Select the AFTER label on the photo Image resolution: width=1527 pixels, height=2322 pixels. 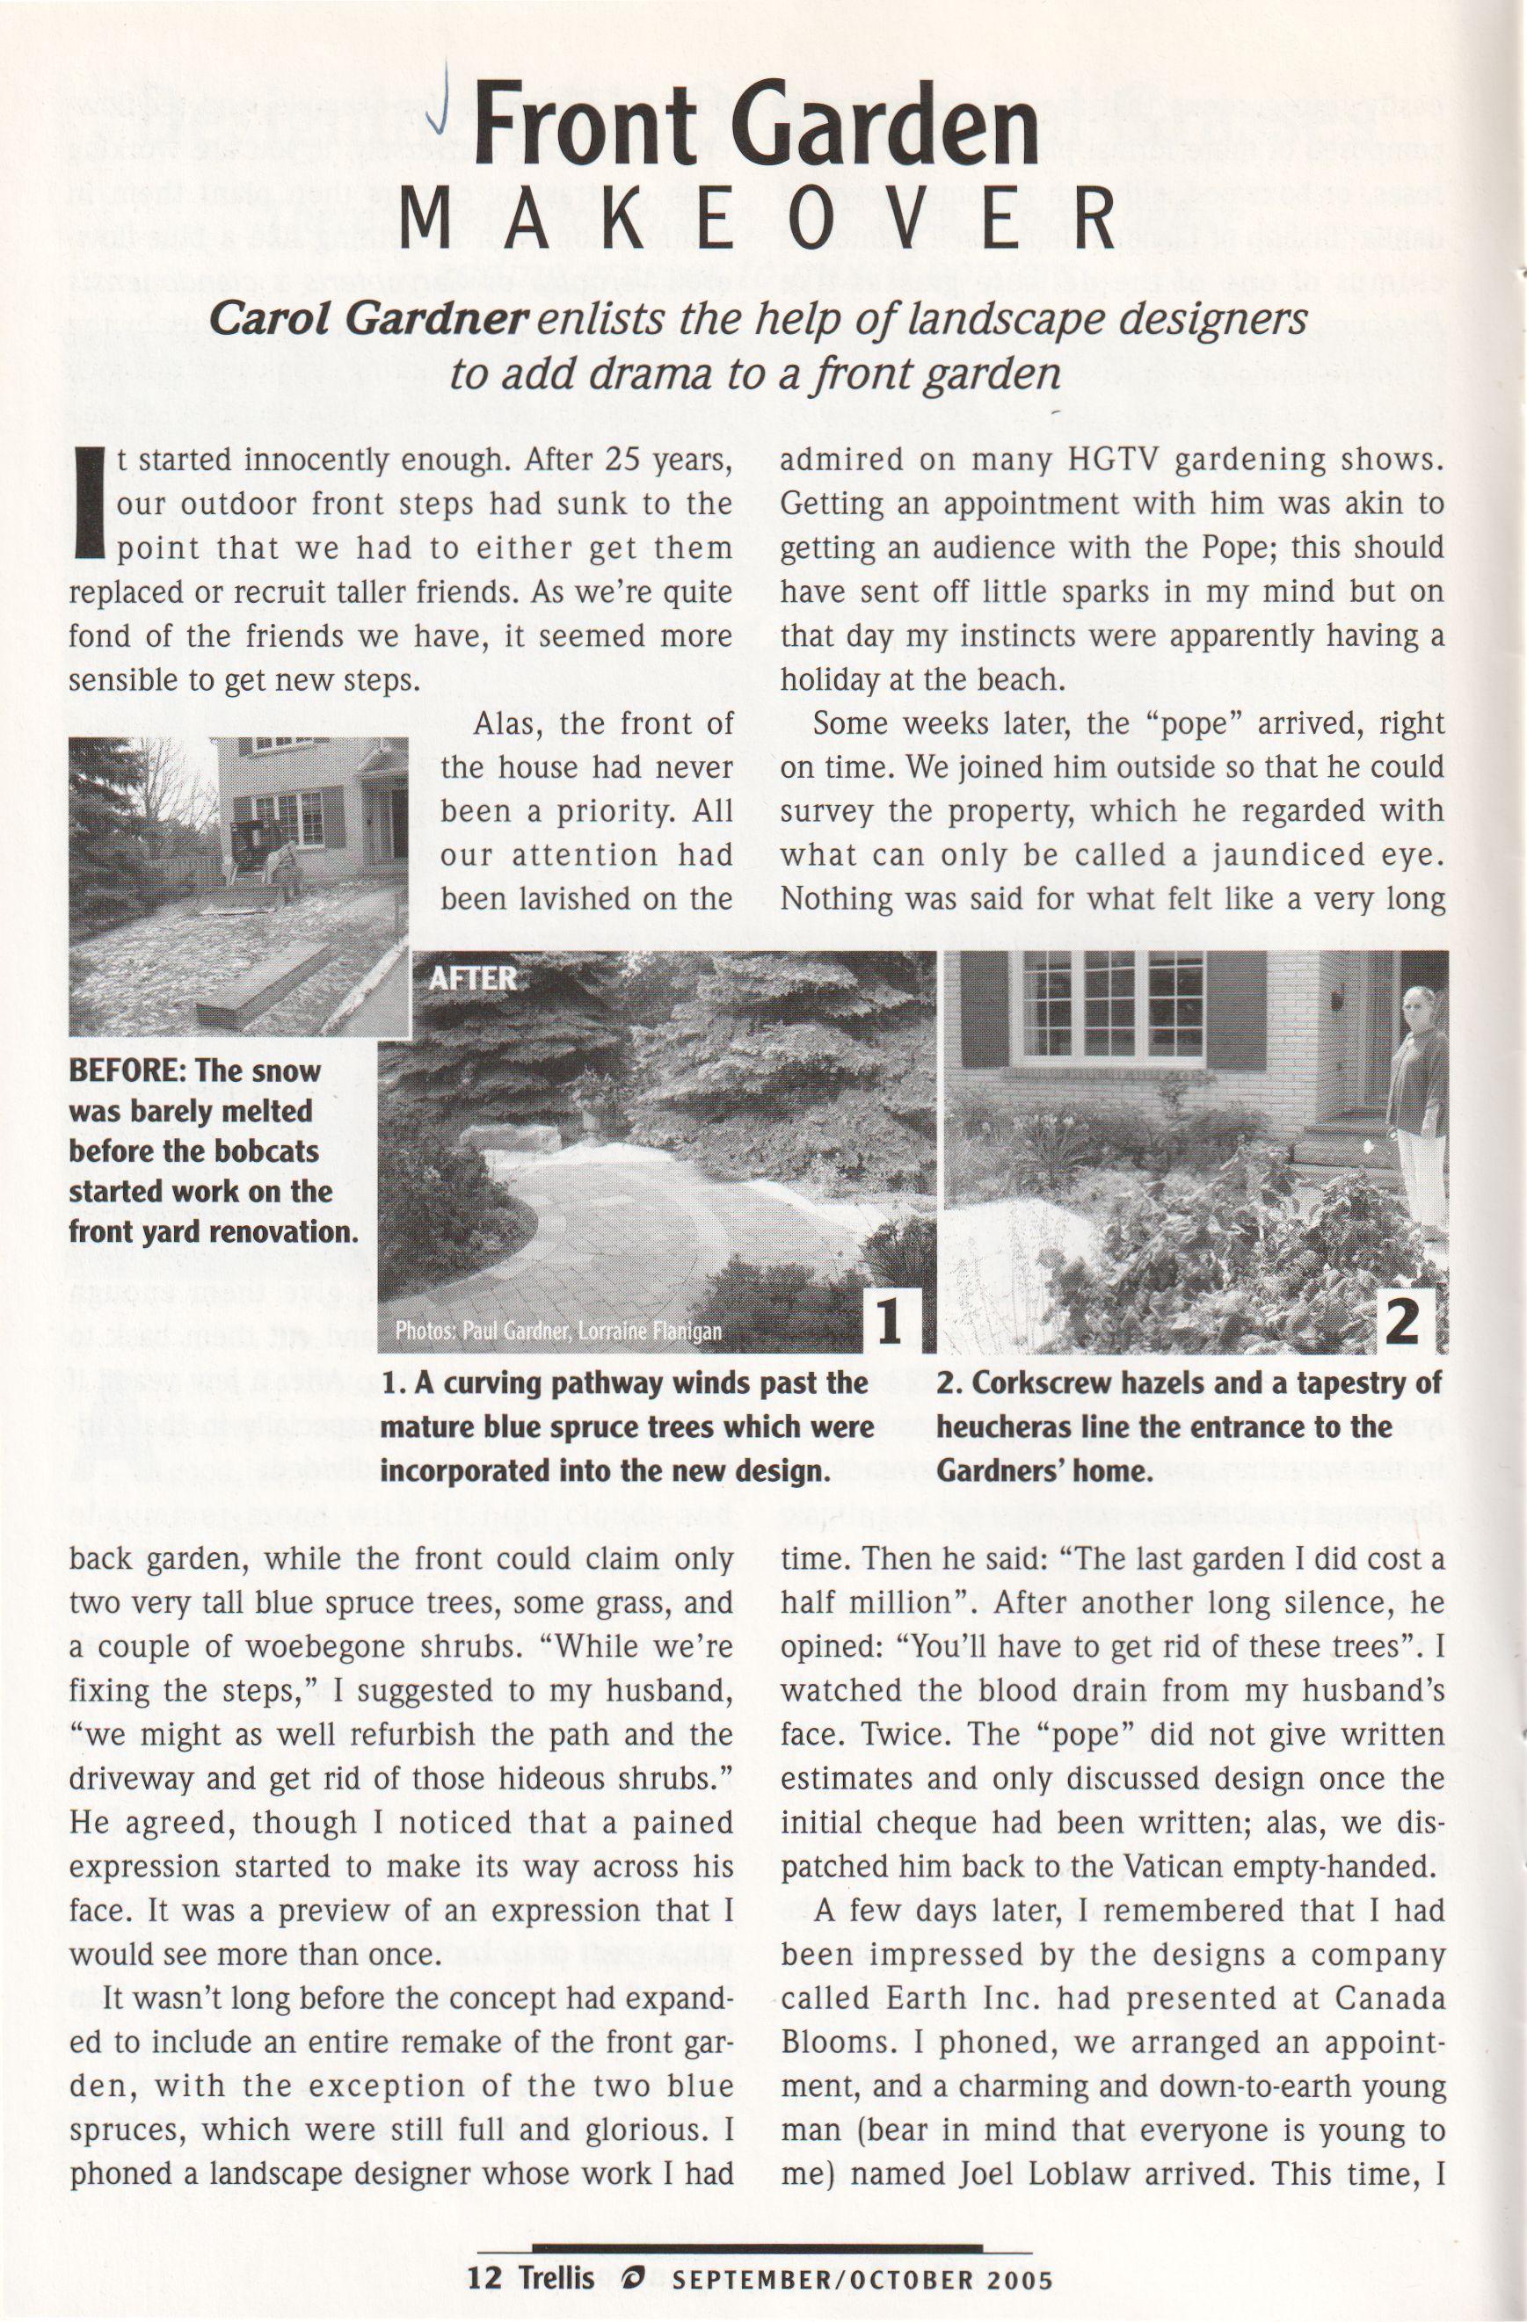coord(472,978)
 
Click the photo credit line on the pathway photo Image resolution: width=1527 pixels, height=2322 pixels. coord(558,1332)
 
